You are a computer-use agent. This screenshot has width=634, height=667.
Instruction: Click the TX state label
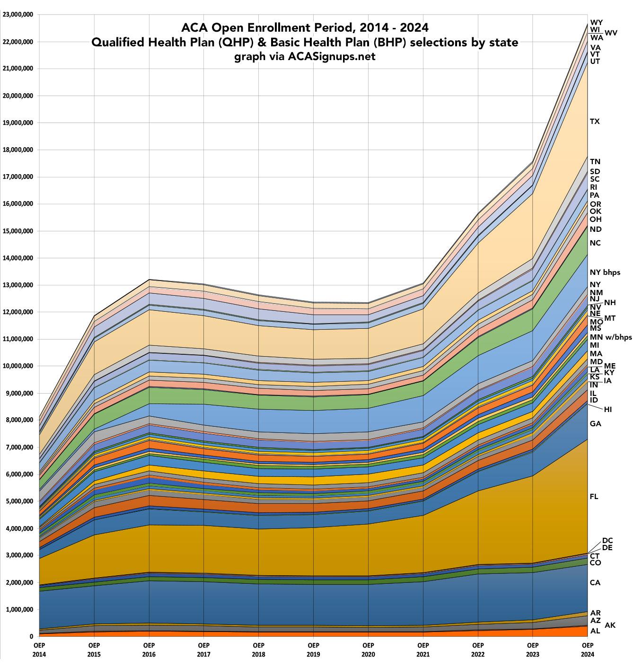pos(595,122)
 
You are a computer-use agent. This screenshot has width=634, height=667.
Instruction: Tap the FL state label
pos(594,497)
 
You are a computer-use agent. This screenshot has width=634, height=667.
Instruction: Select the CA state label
pos(595,583)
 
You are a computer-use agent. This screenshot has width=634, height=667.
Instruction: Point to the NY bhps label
pos(605,272)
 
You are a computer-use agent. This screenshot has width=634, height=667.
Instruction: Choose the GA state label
pos(595,424)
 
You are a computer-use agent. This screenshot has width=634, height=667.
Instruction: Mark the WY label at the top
pos(597,22)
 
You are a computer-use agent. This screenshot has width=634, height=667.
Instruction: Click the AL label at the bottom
pos(595,631)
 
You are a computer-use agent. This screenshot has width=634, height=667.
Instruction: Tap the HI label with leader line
pos(608,410)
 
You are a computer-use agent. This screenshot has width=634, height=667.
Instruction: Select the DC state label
pos(608,541)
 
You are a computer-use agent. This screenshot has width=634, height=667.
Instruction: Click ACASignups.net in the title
pos(331,57)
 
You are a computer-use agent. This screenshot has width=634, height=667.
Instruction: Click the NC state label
pos(595,243)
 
